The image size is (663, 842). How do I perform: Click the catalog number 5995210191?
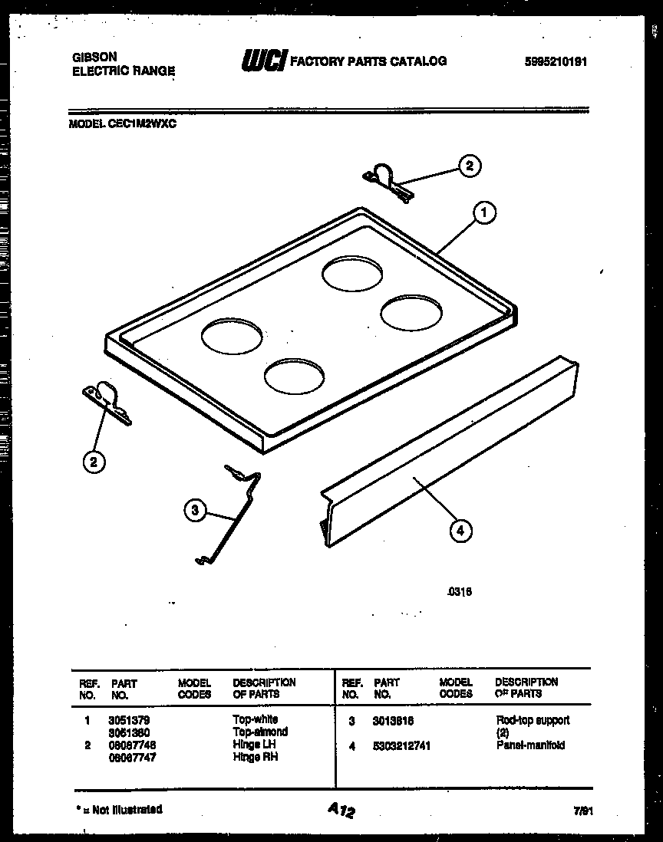coord(556,62)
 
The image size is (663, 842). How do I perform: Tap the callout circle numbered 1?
coord(484,213)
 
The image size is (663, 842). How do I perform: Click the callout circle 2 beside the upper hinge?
coord(470,165)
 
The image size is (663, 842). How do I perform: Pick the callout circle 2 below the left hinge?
coord(93,461)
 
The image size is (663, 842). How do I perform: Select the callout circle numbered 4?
coord(460,530)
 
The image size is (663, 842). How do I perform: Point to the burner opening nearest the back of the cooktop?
coord(351,275)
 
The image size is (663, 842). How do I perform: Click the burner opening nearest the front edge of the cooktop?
coord(294,376)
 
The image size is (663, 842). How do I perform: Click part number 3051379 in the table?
coord(129,720)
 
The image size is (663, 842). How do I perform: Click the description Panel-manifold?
coord(530,745)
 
